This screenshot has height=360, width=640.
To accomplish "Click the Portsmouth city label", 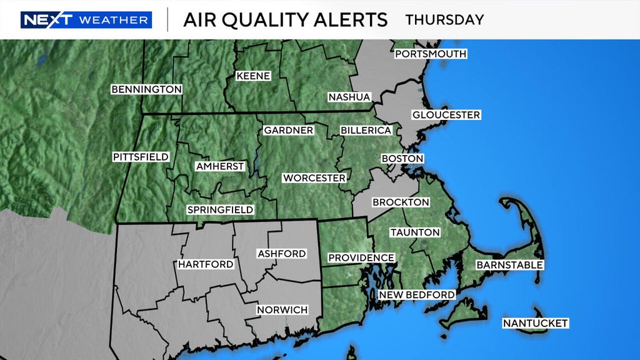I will pyautogui.click(x=431, y=54).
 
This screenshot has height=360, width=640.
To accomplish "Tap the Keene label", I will pyautogui.click(x=253, y=76).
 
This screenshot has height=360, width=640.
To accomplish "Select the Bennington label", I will pyautogui.click(x=146, y=89).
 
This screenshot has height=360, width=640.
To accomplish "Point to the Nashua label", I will pyautogui.click(x=349, y=97).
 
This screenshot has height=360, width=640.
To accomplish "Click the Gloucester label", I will pyautogui.click(x=446, y=115).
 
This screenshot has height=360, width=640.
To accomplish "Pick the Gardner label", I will pyautogui.click(x=288, y=131).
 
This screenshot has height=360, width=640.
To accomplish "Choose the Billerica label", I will pyautogui.click(x=366, y=131).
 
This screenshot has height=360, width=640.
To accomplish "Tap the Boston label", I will pyautogui.click(x=402, y=159).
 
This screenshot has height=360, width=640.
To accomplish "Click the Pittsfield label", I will pyautogui.click(x=141, y=157).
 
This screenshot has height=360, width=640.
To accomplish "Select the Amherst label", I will pyautogui.click(x=219, y=167).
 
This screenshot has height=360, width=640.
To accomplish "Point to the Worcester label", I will pyautogui.click(x=314, y=178).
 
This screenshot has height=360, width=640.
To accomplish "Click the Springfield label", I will pyautogui.click(x=220, y=210).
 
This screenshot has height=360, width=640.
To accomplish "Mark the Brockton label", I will pyautogui.click(x=401, y=202).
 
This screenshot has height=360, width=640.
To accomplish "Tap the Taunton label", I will pyautogui.click(x=415, y=232).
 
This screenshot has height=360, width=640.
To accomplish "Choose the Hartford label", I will pyautogui.click(x=206, y=264).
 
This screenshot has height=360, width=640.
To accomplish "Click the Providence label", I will pyautogui.click(x=361, y=257).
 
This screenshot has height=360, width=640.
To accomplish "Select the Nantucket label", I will pyautogui.click(x=536, y=323).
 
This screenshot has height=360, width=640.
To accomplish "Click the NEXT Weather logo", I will pyautogui.click(x=86, y=20).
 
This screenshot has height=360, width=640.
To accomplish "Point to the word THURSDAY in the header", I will pyautogui.click(x=444, y=19).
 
